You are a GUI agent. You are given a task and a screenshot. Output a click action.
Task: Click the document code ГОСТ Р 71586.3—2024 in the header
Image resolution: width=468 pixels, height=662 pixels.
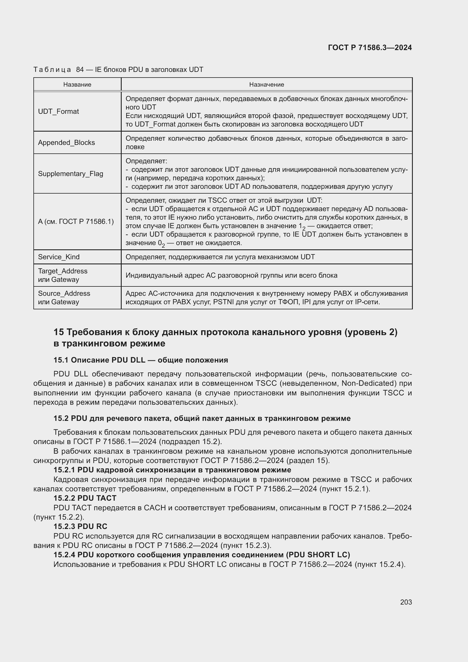[x=370, y=48]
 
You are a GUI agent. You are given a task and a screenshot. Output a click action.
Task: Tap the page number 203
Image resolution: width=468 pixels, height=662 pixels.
[x=406, y=602]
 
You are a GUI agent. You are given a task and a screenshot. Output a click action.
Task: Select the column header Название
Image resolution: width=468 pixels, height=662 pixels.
[x=77, y=84]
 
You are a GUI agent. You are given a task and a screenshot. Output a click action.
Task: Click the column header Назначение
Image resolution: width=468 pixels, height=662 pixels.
[x=267, y=84]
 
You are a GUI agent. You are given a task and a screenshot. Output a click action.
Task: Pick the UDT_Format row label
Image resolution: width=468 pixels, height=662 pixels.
[x=59, y=112]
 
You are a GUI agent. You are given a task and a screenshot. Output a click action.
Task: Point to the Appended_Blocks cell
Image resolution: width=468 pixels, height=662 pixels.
[x=66, y=143]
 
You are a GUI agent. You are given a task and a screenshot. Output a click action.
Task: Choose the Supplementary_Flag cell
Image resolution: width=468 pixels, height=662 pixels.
[x=70, y=173]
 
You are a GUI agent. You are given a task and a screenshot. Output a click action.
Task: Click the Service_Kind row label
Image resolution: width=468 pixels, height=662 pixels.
[x=59, y=257]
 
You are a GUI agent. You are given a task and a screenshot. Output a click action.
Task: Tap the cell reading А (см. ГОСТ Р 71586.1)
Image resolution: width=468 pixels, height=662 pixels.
[x=76, y=221]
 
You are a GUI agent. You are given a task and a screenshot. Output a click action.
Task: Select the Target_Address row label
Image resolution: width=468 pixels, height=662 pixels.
[x=63, y=271]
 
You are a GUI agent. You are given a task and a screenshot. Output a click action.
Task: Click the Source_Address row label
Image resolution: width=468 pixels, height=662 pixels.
[x=64, y=293]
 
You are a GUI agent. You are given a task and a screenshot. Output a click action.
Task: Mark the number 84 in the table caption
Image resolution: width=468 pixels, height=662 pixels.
[x=80, y=70]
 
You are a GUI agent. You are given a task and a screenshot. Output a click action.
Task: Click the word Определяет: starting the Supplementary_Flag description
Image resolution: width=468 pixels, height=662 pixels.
[x=146, y=161]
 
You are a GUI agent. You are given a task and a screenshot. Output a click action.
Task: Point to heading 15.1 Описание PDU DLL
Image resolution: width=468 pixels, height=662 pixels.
[x=141, y=360]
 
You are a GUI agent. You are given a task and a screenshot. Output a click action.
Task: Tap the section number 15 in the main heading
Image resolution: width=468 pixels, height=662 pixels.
[x=59, y=332]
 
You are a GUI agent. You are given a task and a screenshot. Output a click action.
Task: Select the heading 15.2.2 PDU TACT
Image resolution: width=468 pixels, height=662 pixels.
[x=85, y=498]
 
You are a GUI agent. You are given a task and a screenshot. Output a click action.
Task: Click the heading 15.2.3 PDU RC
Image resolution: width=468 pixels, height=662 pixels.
[x=80, y=526]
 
